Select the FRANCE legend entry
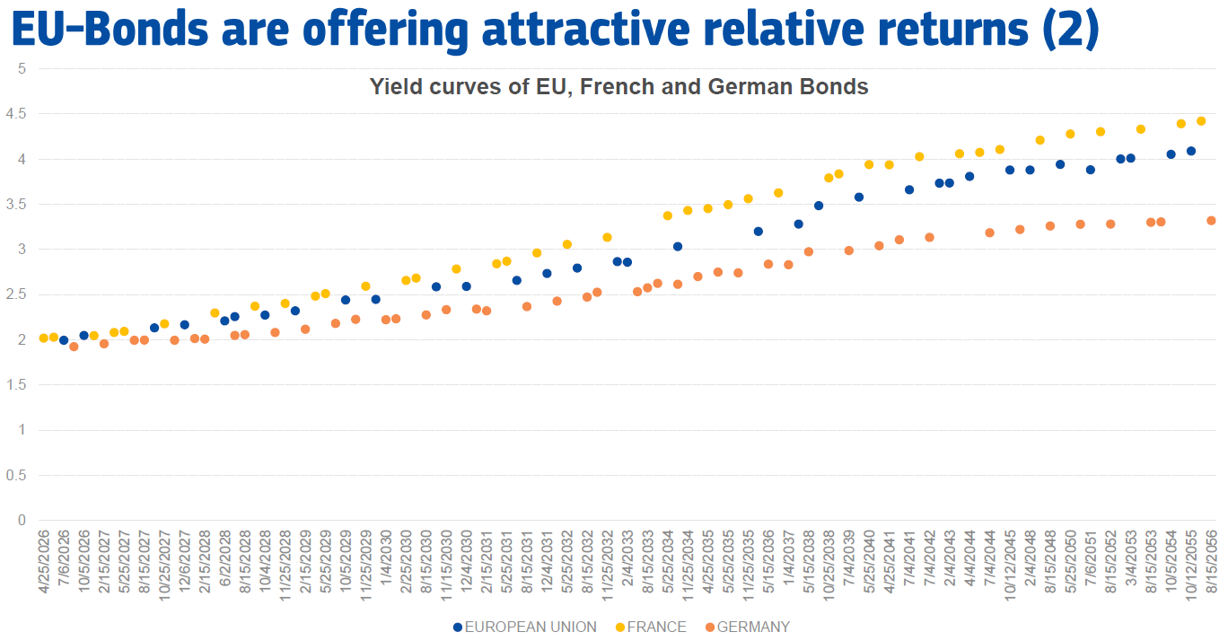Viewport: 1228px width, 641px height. [653, 627]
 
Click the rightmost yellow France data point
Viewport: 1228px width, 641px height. [1201, 121]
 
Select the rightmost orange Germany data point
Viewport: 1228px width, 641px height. [1211, 221]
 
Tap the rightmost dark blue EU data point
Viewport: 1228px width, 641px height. [1191, 151]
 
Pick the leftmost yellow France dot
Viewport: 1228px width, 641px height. [43, 338]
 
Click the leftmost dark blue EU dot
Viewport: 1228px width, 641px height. [64, 340]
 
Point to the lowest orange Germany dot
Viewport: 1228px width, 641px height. [74, 347]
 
